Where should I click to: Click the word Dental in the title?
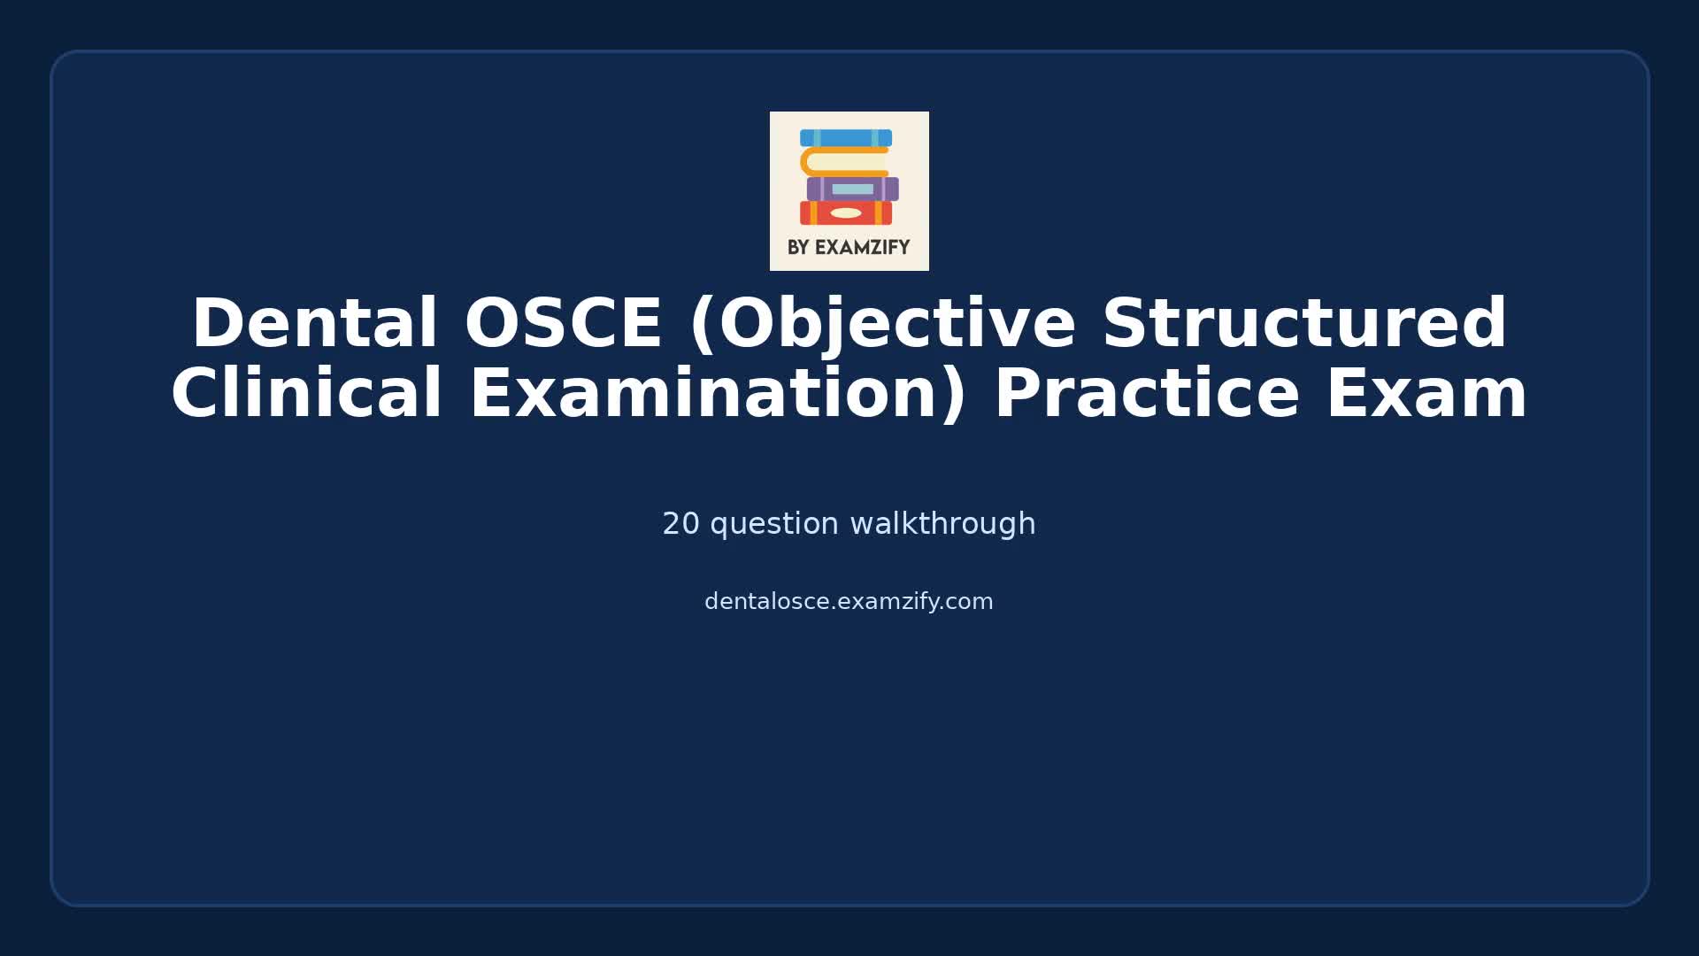click(314, 324)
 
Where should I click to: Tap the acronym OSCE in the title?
click(563, 324)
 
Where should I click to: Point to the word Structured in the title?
click(1304, 324)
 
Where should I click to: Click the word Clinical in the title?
click(306, 394)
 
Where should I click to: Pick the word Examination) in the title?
click(718, 394)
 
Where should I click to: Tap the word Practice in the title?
click(1147, 394)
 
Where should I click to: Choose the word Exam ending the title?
click(1426, 394)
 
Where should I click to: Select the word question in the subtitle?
click(774, 524)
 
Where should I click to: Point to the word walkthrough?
click(942, 524)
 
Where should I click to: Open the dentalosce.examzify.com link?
click(849, 602)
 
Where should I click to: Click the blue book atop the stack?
click(846, 138)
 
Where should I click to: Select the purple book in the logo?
click(852, 189)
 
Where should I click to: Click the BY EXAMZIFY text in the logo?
click(849, 248)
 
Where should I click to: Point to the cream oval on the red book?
click(846, 213)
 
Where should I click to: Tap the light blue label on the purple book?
click(852, 189)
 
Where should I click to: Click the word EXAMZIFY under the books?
click(862, 248)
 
